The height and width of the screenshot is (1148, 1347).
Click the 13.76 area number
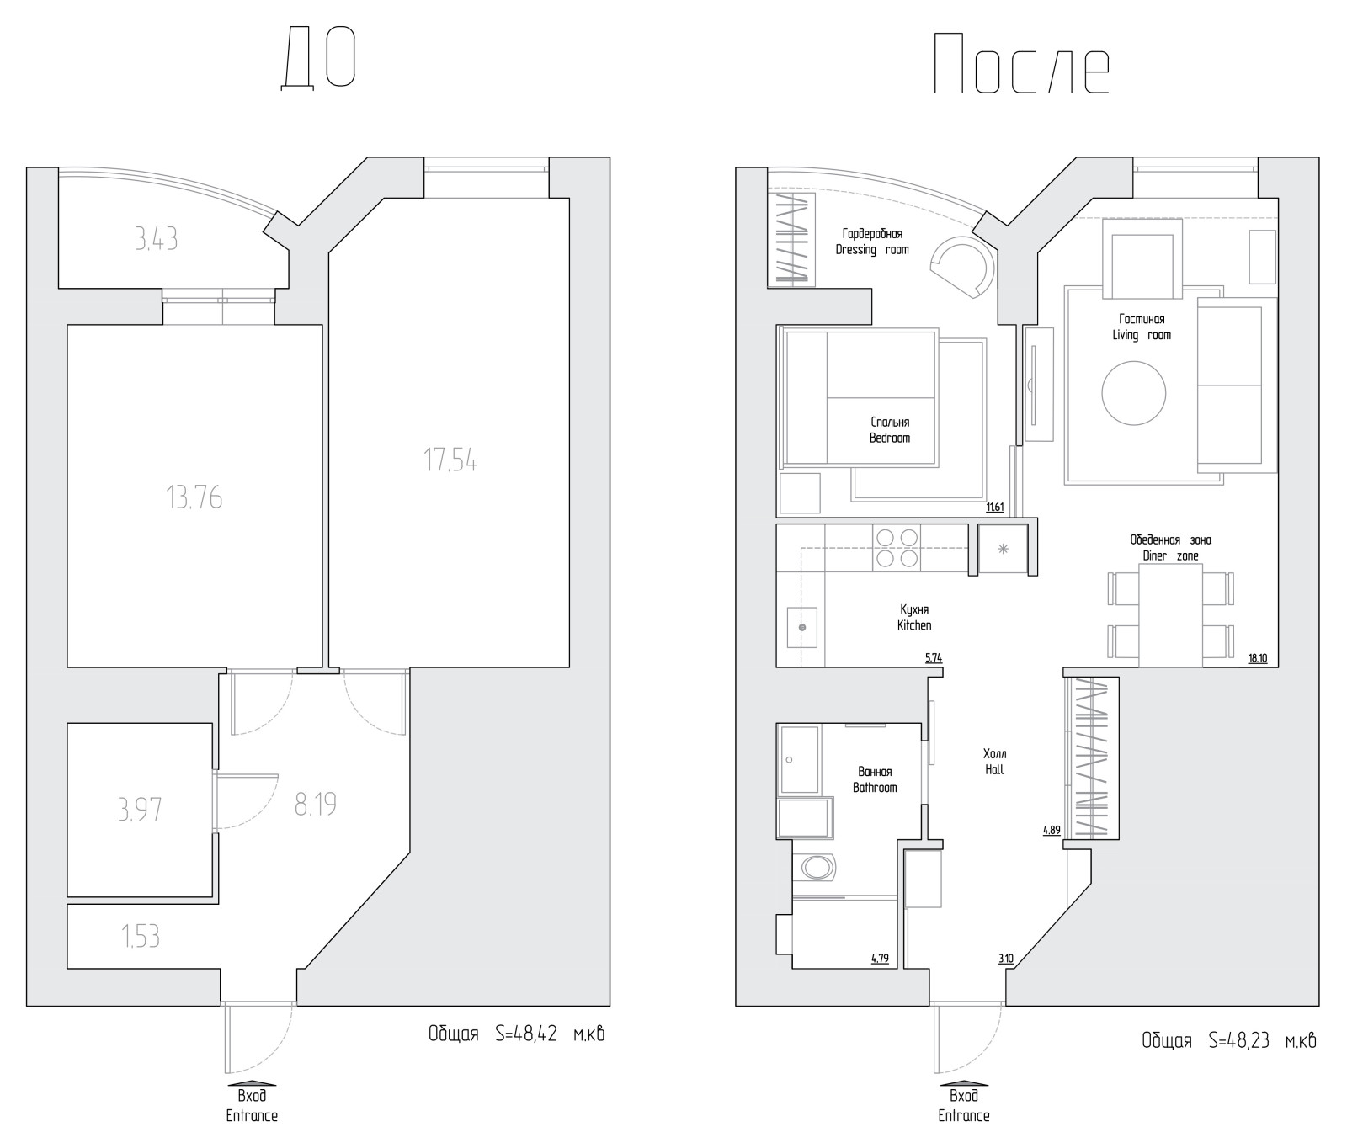click(x=194, y=497)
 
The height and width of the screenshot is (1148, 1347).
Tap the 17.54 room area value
click(x=450, y=460)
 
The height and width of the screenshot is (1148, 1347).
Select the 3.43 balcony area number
click(x=156, y=240)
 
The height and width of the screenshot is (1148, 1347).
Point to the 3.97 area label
click(x=140, y=810)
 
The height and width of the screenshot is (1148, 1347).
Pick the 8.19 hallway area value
click(x=316, y=805)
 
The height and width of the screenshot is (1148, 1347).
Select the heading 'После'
click(x=1021, y=64)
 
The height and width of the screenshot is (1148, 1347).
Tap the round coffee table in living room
click(x=1134, y=393)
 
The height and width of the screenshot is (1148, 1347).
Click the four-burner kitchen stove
click(x=897, y=547)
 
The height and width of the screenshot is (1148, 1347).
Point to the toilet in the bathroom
click(x=816, y=867)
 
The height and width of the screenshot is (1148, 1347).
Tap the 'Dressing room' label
click(x=872, y=250)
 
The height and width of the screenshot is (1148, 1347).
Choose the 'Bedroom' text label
click(x=890, y=438)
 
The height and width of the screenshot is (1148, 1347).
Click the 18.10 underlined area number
click(x=1258, y=658)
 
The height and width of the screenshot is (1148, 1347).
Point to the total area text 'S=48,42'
click(x=526, y=1034)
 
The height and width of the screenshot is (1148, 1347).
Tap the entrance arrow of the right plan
click(x=964, y=1083)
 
